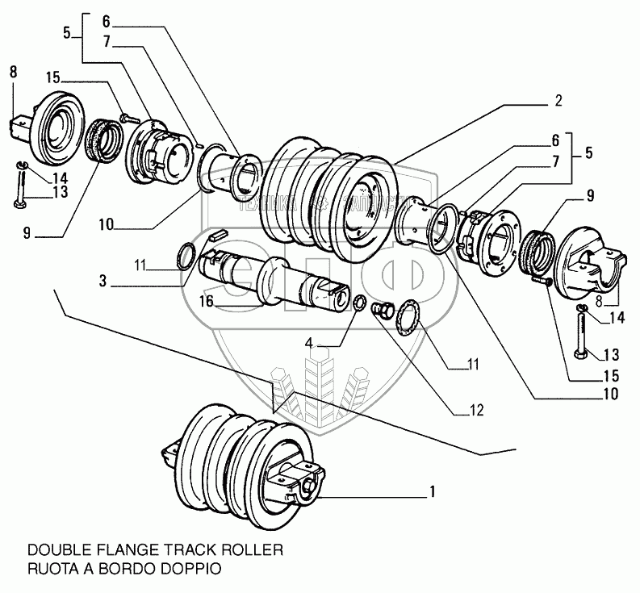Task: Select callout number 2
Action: point(557,102)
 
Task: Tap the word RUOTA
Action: point(52,567)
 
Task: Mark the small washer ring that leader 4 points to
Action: point(358,304)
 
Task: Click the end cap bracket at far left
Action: point(49,127)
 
